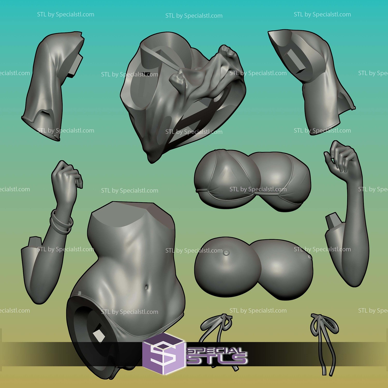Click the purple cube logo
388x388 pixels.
[163, 353]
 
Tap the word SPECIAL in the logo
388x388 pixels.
[216, 351]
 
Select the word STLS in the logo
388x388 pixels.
[217, 359]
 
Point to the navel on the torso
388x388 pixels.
[147, 287]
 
